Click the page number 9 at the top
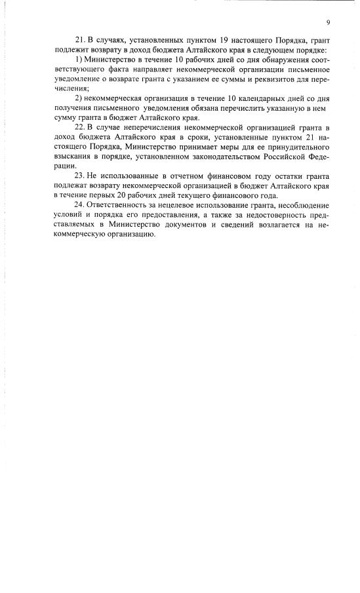(327, 22)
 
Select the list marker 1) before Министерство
(80, 60)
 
